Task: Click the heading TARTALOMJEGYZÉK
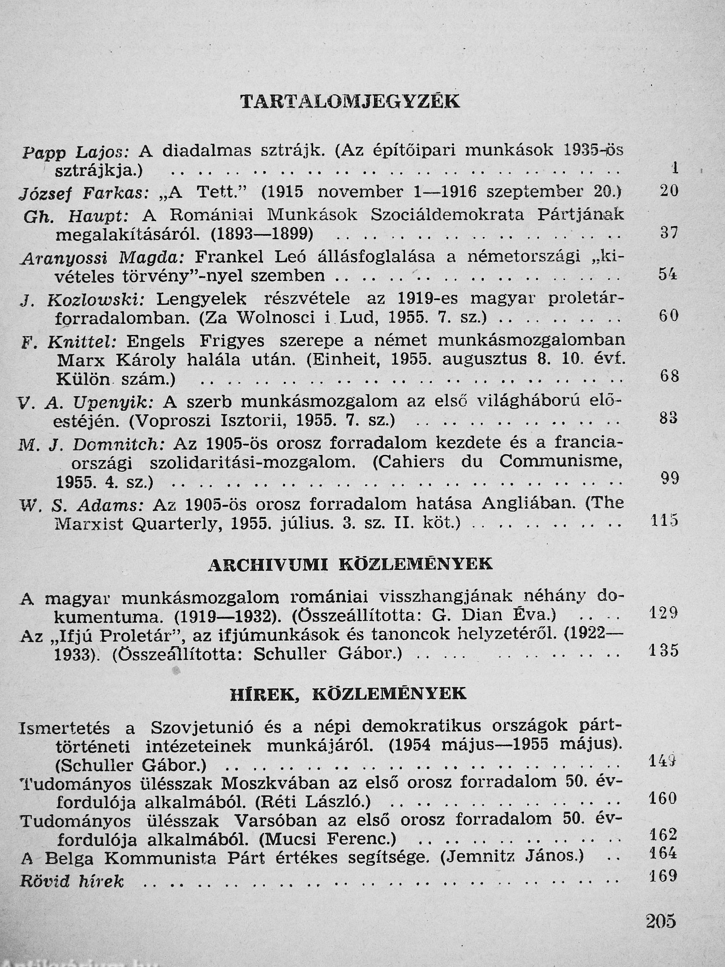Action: pos(350,101)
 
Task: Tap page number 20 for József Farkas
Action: pos(668,191)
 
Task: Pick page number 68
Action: pos(669,376)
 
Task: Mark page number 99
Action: pos(669,479)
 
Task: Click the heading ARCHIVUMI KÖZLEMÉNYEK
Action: pos(350,565)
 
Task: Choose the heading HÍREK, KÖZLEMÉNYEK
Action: pos(348,694)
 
